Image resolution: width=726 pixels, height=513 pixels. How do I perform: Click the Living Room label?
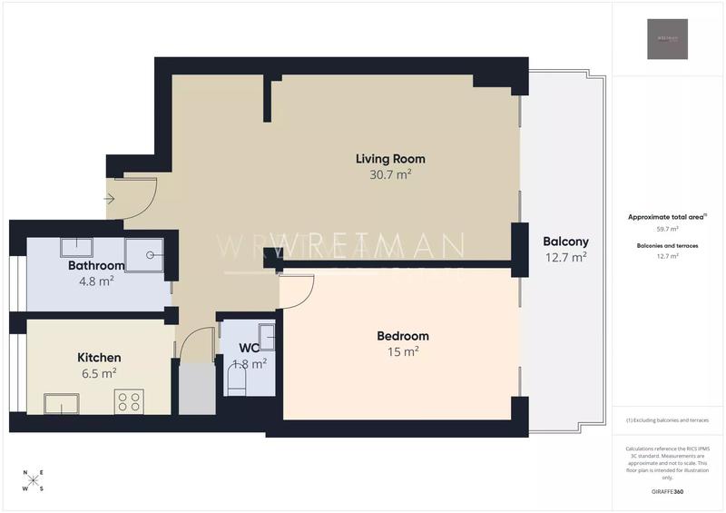390,159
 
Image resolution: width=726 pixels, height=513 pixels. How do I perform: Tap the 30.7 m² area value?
390,174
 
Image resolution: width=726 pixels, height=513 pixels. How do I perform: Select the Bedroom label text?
403,336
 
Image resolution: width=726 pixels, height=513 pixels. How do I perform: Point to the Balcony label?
565,242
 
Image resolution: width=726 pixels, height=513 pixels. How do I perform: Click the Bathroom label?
96,266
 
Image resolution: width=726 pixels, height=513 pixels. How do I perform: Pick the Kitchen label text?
99,358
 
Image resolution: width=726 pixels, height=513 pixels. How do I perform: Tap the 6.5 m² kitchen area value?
99,373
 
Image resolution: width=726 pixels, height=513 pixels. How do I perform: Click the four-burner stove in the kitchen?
129,401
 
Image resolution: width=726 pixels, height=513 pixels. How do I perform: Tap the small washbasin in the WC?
267,333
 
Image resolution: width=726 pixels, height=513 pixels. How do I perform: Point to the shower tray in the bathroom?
144,254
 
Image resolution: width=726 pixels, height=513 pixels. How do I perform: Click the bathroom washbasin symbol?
76,246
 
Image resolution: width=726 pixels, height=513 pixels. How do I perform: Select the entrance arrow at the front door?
110,199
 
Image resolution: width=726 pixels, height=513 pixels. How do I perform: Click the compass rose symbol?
32,481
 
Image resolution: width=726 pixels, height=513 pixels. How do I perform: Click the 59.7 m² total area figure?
667,230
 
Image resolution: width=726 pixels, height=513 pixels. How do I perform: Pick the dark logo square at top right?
667,39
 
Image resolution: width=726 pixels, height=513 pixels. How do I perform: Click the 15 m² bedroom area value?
403,352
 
